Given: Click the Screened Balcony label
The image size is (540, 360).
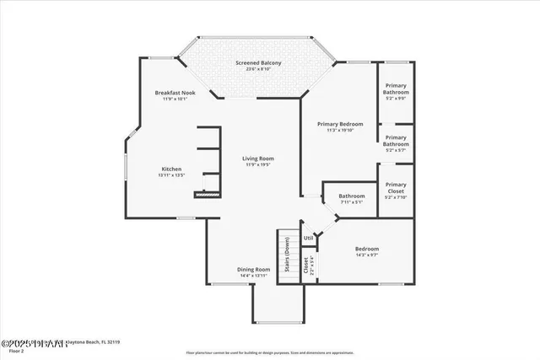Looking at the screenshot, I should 258,63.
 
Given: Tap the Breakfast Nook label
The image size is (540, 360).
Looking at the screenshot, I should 175,92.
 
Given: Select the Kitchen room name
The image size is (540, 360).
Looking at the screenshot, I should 172,169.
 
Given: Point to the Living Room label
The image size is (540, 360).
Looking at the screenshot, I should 258,159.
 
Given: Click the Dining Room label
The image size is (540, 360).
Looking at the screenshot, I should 253,269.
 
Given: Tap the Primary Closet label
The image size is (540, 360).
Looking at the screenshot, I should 396,187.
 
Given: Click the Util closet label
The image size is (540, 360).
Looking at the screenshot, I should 309,238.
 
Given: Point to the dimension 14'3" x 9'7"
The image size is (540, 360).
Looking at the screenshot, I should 366,255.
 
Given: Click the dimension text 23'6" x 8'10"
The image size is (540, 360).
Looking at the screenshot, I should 258,70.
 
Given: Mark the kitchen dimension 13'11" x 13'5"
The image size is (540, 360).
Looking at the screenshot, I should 172,175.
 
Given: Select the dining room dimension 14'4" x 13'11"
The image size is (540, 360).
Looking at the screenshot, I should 253,276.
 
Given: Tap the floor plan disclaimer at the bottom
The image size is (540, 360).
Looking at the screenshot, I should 270,352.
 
